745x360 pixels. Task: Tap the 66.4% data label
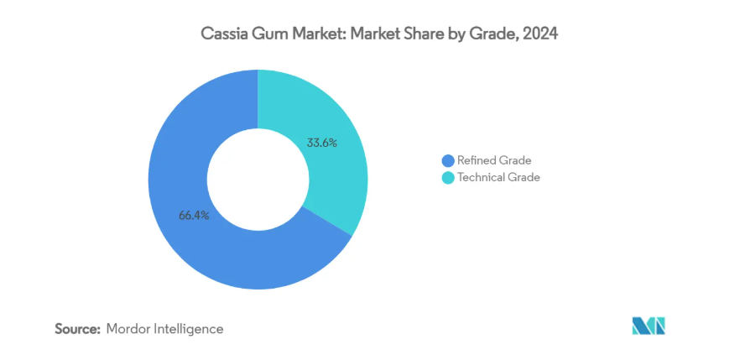click(x=194, y=215)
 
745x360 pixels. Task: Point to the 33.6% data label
click(x=322, y=143)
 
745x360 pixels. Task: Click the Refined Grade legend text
click(x=494, y=160)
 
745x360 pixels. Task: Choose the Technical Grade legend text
click(x=498, y=177)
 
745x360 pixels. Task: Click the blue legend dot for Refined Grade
click(x=448, y=160)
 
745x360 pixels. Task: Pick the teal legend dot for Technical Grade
click(x=448, y=177)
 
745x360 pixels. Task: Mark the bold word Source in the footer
click(x=77, y=329)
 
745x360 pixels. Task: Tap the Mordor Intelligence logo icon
click(x=649, y=326)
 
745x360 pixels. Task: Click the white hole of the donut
click(x=258, y=180)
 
